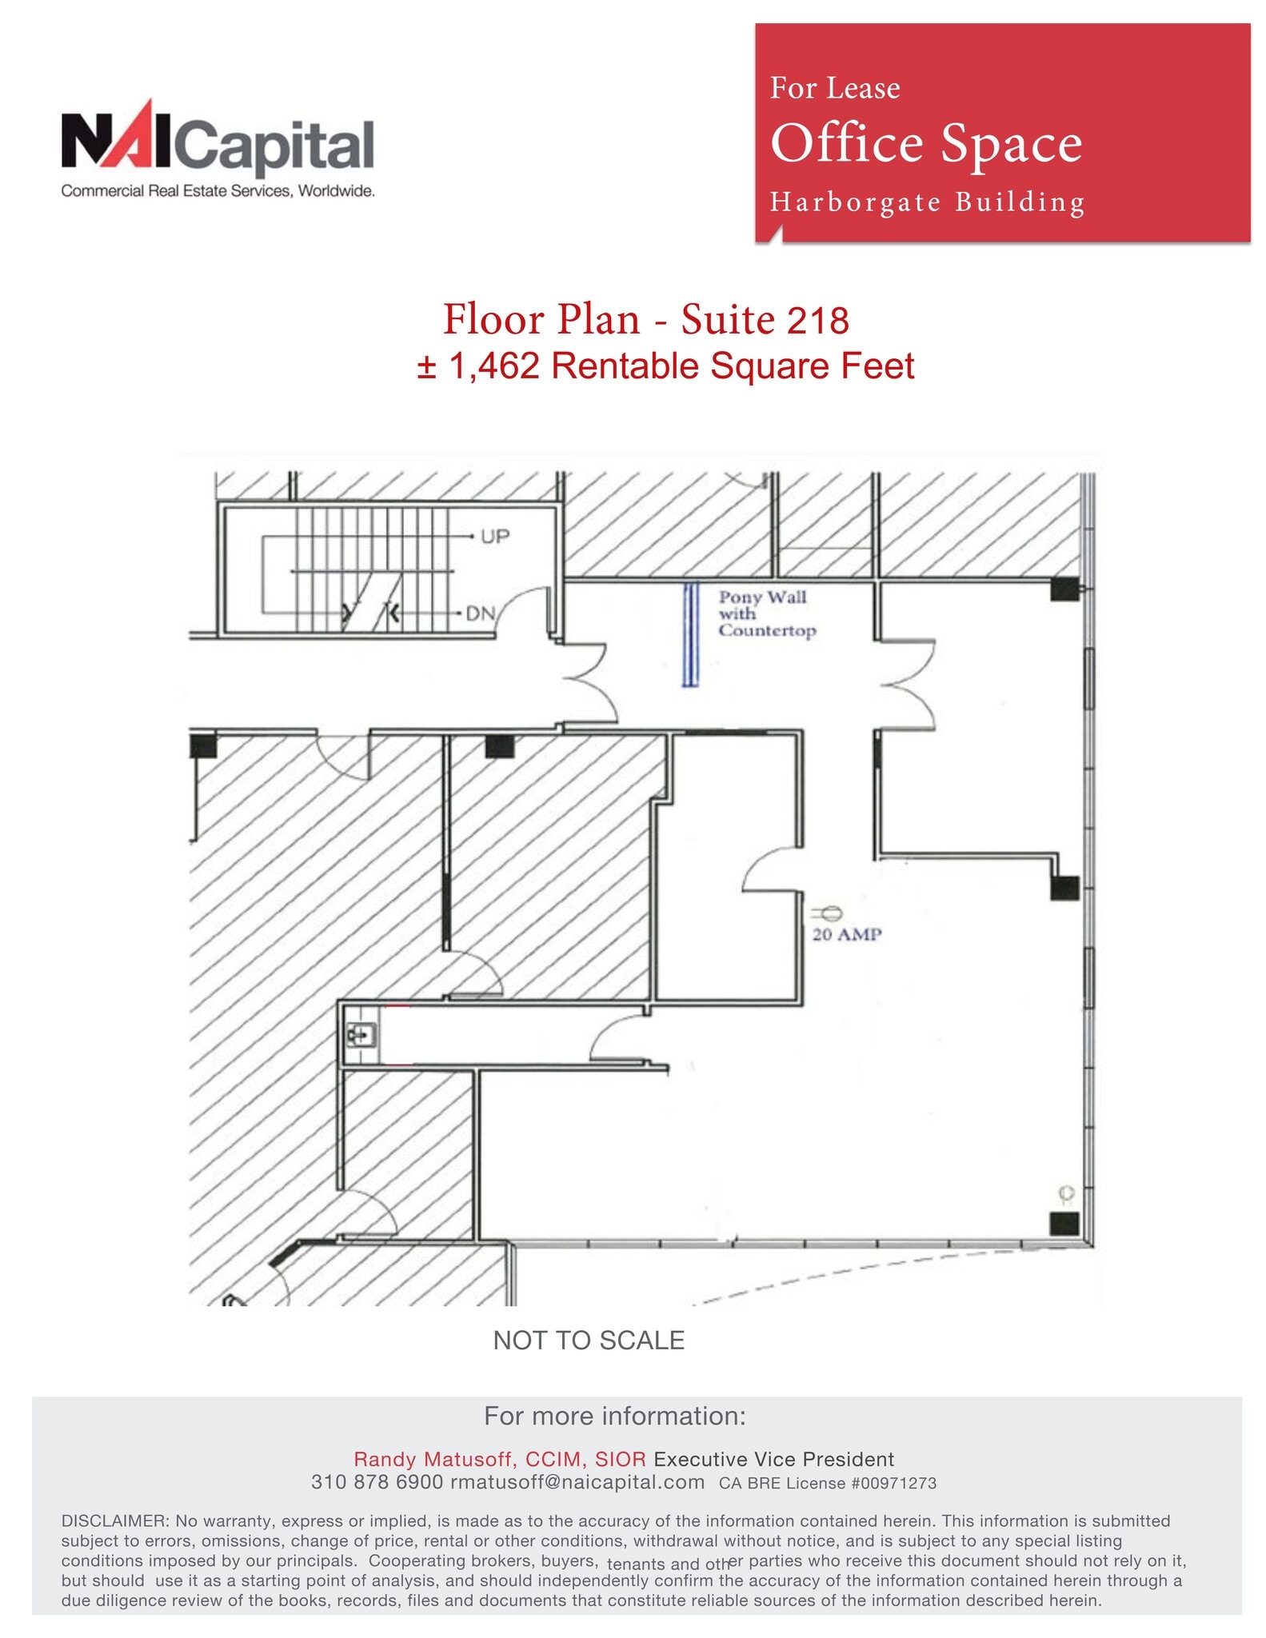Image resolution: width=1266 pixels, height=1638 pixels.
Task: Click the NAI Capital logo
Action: [218, 149]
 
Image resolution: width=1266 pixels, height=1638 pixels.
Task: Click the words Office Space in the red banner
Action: [925, 144]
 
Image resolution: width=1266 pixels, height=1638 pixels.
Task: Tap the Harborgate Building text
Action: [927, 202]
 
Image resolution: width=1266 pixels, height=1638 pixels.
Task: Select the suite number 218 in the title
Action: [817, 321]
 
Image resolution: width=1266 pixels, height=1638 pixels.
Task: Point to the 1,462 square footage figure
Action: [493, 366]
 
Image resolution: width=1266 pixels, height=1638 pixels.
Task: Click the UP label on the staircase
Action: [494, 536]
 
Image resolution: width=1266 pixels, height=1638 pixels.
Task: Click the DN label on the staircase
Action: [480, 613]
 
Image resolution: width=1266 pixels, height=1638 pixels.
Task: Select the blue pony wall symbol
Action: [689, 633]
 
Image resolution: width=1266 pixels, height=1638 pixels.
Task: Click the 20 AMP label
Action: [846, 934]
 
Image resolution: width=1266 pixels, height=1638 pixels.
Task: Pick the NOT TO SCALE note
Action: [589, 1340]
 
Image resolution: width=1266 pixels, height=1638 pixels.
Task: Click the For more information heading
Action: [614, 1416]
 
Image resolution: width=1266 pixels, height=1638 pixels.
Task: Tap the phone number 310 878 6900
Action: [377, 1482]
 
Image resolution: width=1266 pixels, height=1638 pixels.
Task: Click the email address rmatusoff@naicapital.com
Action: [577, 1482]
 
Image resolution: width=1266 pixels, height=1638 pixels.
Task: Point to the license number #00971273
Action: [893, 1483]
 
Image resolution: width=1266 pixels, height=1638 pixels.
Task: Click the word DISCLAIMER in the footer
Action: [115, 1520]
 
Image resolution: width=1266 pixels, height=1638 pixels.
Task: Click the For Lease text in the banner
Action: [834, 88]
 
